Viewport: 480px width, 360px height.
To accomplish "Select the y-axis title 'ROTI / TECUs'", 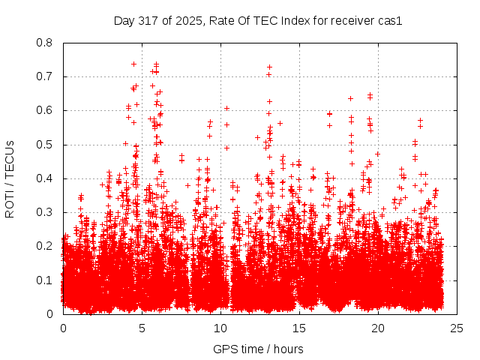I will point(10,178).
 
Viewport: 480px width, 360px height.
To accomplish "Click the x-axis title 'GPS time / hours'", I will point(258,349).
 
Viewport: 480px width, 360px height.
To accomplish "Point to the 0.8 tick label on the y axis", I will point(44,43).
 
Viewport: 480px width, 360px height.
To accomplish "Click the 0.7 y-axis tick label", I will point(44,76).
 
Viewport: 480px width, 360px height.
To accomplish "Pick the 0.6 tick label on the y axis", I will point(44,110).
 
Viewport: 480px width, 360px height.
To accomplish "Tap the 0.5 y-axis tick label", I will point(44,144).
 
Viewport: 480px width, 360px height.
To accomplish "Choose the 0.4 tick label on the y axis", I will point(44,178).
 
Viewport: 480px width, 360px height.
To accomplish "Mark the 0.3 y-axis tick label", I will point(44,212).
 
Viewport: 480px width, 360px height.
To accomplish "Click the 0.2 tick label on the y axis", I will point(44,246).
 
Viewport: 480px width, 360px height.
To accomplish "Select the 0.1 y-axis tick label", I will point(44,280).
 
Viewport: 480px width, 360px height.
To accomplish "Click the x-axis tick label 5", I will point(142,328).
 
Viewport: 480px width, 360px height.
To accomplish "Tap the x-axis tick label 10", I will point(220,328).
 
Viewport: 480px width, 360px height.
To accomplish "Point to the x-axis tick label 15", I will point(299,328).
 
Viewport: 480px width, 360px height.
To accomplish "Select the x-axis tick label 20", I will point(378,328).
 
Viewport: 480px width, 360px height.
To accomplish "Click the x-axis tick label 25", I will point(457,328).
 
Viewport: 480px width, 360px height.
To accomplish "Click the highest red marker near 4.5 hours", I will point(133,64).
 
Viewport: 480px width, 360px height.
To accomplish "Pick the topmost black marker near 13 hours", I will point(269,67).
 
